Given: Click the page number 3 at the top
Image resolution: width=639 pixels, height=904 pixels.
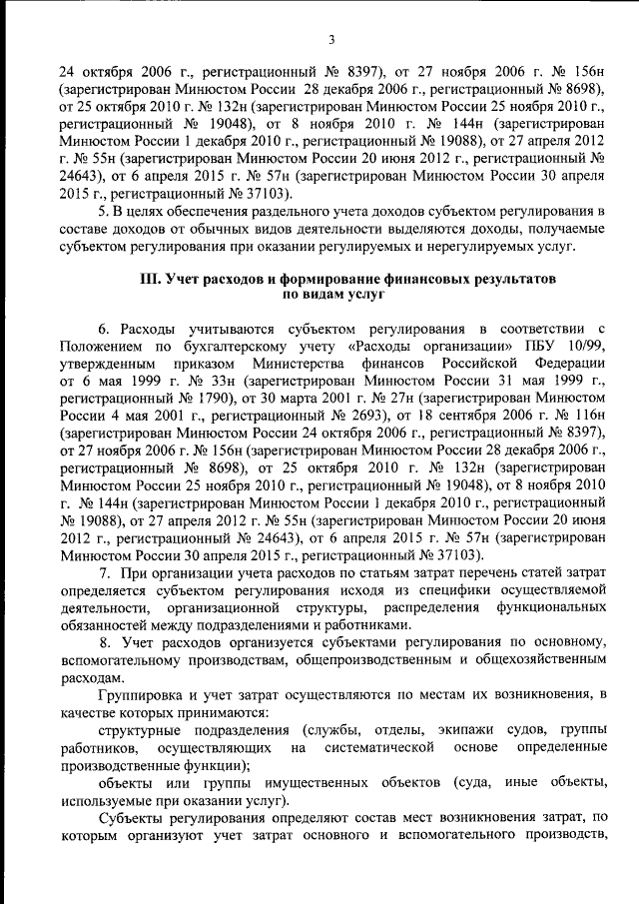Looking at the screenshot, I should point(331,39).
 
